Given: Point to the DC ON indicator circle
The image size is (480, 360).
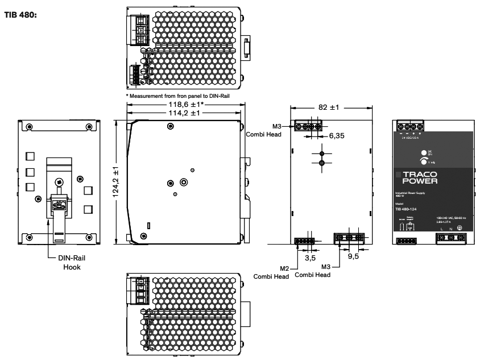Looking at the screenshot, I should (x=424, y=152).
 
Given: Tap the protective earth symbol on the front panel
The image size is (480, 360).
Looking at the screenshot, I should (x=458, y=228).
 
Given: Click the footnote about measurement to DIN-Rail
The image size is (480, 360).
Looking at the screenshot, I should (x=179, y=96).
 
